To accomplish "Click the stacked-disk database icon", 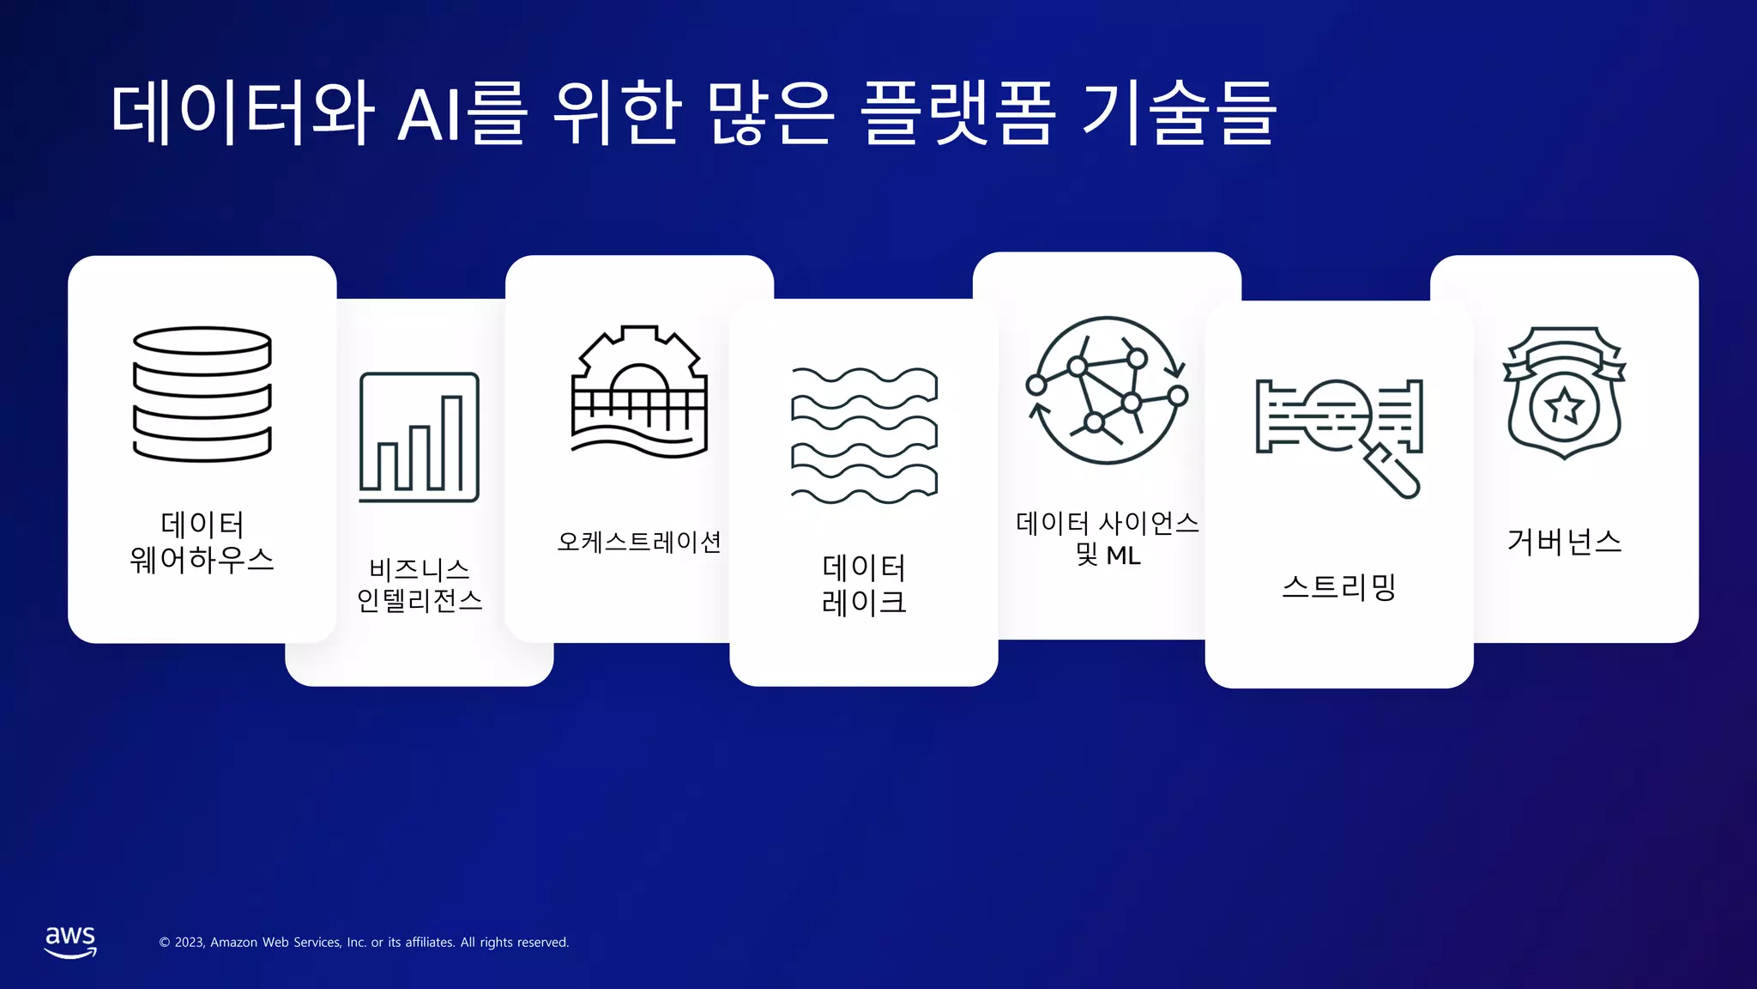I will point(202,394).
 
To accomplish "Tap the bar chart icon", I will point(419,437).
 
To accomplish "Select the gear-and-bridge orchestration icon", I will point(639,391).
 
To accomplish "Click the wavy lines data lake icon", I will point(864,435).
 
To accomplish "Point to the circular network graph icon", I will point(1108,391).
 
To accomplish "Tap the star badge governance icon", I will point(1564,392).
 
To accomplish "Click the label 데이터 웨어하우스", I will point(202,542).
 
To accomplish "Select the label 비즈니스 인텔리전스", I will point(420,585).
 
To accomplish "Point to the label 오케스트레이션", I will point(639,542).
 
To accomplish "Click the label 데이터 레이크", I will point(864,585).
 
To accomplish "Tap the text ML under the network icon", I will point(1123,556).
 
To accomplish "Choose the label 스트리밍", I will point(1339,587).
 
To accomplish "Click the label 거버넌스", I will point(1564,542).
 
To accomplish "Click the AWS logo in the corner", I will point(70,941).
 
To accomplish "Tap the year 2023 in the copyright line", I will point(189,943).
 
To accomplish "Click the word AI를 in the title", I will point(462,113).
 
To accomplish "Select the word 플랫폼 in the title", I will point(957,113).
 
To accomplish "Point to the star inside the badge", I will point(1564,406).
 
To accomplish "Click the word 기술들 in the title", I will point(1178,113).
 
